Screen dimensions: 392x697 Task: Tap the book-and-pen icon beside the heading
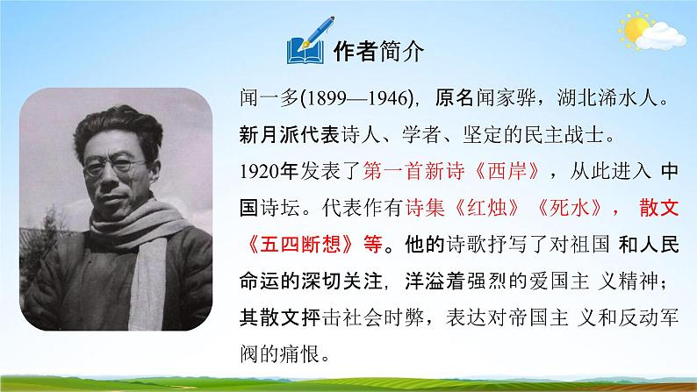point(306,50)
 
